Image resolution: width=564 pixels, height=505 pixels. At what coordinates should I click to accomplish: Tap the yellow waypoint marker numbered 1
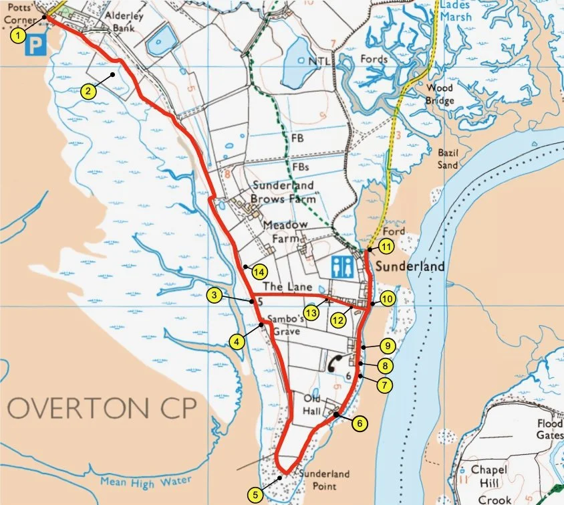(21, 35)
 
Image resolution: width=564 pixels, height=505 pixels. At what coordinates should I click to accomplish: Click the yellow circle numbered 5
(255, 494)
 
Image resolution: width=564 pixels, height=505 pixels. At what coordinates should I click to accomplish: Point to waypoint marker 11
(386, 246)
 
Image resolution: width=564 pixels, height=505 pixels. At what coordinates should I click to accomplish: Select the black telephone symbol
(334, 362)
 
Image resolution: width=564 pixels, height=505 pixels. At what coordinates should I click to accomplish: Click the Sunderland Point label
(324, 479)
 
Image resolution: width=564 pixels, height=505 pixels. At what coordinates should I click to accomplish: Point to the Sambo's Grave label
(285, 324)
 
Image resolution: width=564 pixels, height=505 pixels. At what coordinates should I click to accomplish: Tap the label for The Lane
(284, 286)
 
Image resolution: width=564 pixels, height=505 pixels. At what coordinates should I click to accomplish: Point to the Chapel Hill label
(489, 476)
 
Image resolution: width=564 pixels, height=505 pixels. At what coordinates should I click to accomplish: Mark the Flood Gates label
(549, 429)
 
